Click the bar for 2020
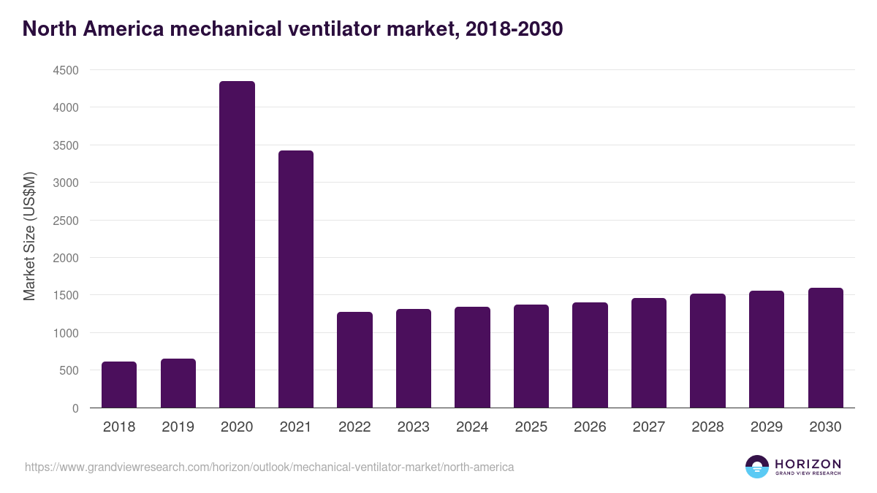click(237, 244)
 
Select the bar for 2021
click(296, 279)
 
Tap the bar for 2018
click(119, 384)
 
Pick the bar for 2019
click(178, 383)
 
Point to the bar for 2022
click(354, 359)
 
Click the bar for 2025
click(531, 356)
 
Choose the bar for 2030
click(826, 348)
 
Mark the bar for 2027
click(649, 353)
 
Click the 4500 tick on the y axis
click(64, 70)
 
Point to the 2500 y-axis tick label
click(64, 221)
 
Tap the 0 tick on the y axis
click(75, 408)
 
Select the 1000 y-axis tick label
click(64, 333)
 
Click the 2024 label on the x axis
click(472, 427)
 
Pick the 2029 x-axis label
click(767, 427)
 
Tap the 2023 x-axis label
click(414, 427)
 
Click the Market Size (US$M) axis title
click(29, 237)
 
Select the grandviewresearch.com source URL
click(270, 467)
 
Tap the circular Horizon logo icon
click(756, 467)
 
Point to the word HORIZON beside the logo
click(808, 463)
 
